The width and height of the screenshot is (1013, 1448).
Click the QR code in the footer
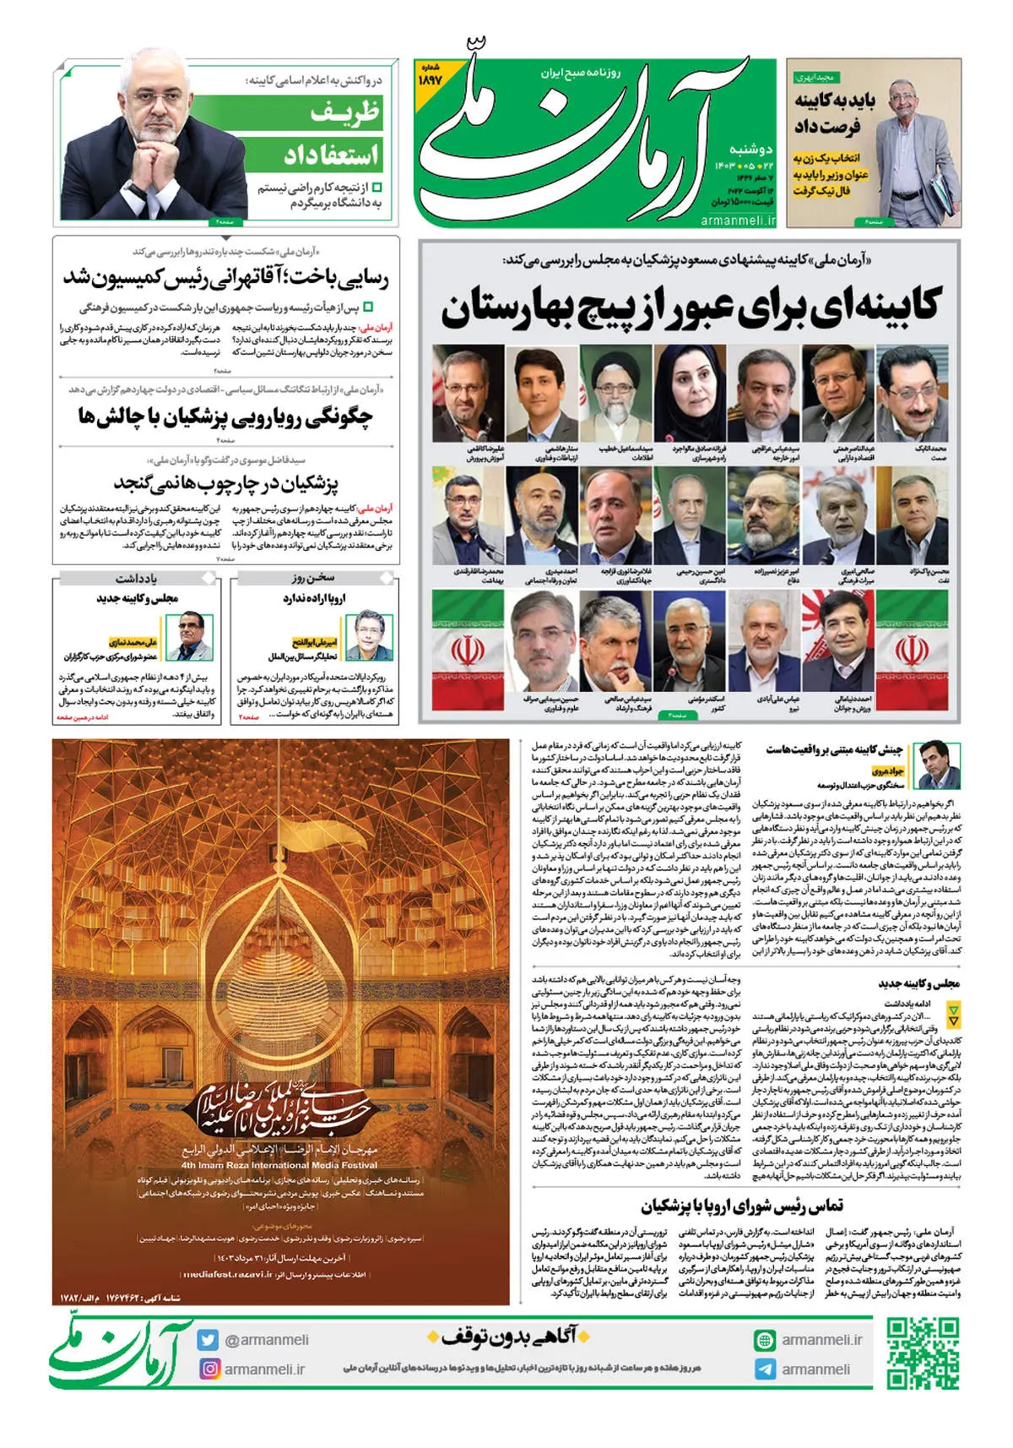pyautogui.click(x=923, y=1353)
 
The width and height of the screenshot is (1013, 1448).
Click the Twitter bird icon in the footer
pyautogui.click(x=208, y=1340)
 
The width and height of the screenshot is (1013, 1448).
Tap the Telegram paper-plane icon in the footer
pyautogui.click(x=764, y=1369)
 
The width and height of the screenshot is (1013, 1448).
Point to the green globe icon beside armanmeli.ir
pyautogui.click(x=764, y=1340)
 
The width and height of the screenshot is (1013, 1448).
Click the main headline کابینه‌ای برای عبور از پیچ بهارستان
pyautogui.click(x=689, y=308)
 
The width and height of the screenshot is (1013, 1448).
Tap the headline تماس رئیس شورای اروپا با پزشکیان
pyautogui.click(x=741, y=1206)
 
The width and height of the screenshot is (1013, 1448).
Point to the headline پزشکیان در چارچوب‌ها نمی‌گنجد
pyautogui.click(x=226, y=483)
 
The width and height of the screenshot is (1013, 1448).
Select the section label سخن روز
pyautogui.click(x=313, y=578)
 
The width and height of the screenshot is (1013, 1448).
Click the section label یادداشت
pyautogui.click(x=136, y=578)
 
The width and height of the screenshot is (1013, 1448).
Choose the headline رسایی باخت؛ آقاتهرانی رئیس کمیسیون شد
pyautogui.click(x=226, y=278)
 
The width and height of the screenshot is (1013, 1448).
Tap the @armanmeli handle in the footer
pyautogui.click(x=266, y=1340)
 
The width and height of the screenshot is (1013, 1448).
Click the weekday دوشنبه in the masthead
pyautogui.click(x=750, y=149)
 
